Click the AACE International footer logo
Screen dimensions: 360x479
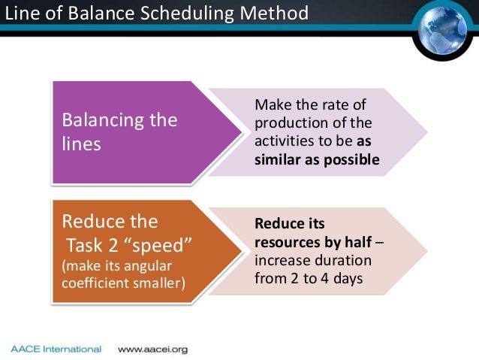point(56,349)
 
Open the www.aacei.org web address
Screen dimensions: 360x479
point(152,349)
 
